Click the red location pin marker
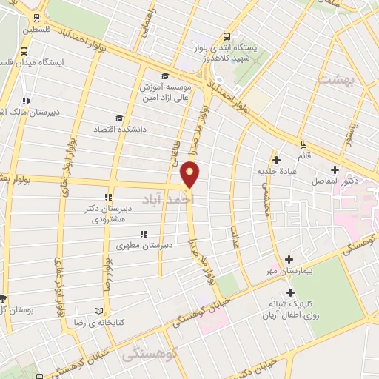(190, 174)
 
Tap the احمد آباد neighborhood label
(179, 200)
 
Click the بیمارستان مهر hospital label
(286, 272)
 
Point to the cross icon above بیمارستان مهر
(289, 259)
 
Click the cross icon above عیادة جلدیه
(276, 159)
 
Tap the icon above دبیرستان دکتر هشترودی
(108, 197)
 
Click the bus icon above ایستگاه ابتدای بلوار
(227, 36)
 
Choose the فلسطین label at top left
(37, 30)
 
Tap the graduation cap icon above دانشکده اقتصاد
(119, 118)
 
